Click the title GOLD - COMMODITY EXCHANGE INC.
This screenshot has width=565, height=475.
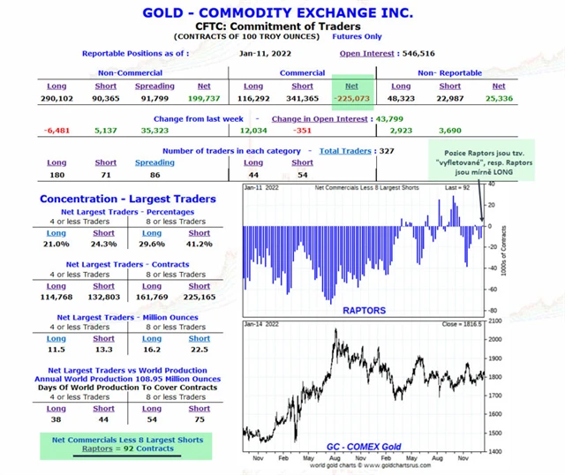[x=282, y=13]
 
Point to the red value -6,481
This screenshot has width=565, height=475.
[x=56, y=131]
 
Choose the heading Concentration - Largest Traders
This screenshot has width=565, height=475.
[x=128, y=200]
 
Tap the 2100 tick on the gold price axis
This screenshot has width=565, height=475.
[x=493, y=340]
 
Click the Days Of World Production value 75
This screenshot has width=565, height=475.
[x=199, y=419]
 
